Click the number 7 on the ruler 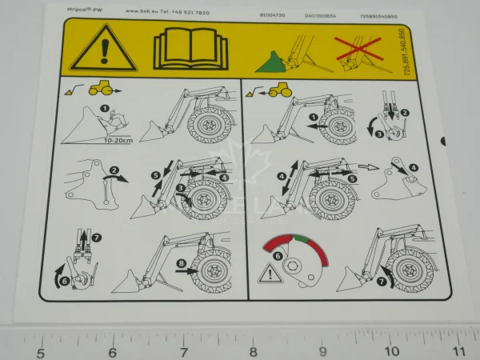[183, 352]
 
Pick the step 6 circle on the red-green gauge [278, 255]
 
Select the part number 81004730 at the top [272, 13]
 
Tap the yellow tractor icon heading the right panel [278, 90]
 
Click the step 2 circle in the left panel [114, 170]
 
